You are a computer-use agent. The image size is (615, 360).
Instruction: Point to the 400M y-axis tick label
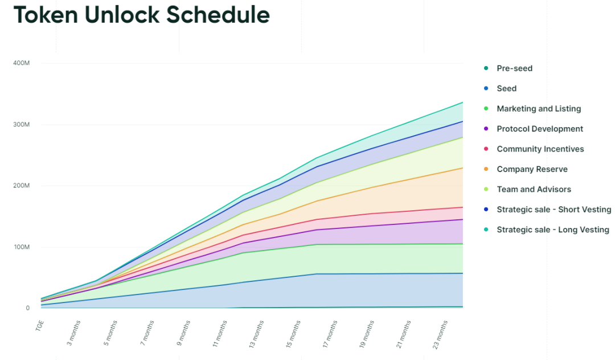(x=21, y=63)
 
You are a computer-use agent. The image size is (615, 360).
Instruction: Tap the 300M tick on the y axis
(x=21, y=124)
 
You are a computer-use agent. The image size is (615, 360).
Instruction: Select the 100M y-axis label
(x=21, y=247)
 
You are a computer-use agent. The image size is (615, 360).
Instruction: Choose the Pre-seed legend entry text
(x=514, y=68)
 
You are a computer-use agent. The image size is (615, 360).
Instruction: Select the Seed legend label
(x=506, y=88)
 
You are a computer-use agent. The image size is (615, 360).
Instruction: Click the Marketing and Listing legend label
(x=539, y=109)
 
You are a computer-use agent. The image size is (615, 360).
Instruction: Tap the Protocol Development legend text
(x=540, y=129)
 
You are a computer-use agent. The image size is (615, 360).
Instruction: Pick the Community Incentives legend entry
(x=540, y=149)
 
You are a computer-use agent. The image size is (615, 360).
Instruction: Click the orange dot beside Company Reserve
(x=486, y=169)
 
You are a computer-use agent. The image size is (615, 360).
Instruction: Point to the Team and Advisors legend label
(x=534, y=190)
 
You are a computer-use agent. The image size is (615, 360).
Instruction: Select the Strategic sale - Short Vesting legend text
(x=553, y=210)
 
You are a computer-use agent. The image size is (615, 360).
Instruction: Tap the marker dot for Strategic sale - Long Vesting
(x=486, y=230)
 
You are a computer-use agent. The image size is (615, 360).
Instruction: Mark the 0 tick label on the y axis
(x=27, y=308)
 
